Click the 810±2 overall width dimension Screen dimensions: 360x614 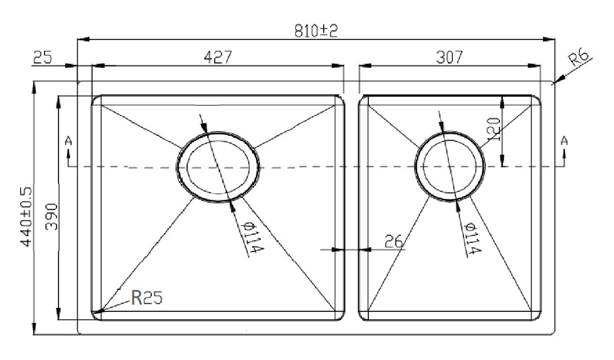coord(315,31)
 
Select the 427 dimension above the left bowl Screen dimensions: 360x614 coord(218,57)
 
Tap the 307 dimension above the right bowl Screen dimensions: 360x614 coord(449,57)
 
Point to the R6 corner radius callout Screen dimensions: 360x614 coord(579,58)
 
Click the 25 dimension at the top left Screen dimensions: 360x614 coord(42,57)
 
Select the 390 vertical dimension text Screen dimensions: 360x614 coord(52,217)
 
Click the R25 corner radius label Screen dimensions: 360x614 coord(147,298)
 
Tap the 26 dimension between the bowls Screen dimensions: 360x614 coord(394,242)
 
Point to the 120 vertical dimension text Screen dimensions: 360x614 coord(493,129)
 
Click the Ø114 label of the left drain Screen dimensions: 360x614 coord(251,237)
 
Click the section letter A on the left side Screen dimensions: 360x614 coord(68,141)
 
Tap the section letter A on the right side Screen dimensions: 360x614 coord(564,141)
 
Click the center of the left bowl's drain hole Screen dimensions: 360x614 coord(218,167)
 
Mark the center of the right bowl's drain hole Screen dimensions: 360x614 coord(450,166)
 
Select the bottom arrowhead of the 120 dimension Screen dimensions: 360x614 coord(502,162)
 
